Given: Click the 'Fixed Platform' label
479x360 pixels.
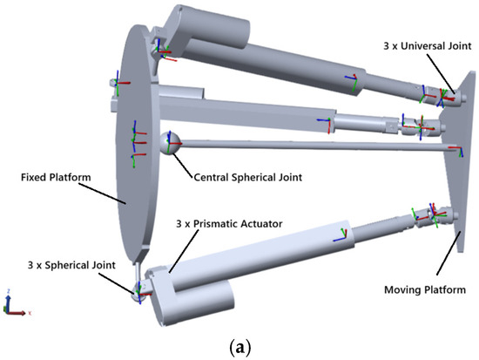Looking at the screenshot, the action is [56, 178].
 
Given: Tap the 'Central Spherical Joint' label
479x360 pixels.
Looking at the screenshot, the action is [248, 178].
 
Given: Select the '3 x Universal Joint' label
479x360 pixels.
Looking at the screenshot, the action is [428, 46].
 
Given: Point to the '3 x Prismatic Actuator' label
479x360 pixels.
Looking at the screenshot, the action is [229, 224].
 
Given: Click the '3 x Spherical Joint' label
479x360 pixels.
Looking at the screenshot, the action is [71, 265].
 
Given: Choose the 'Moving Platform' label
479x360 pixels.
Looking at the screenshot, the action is [425, 289].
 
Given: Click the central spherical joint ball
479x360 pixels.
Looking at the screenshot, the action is [170, 143].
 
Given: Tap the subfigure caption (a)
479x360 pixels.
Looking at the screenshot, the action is [239, 348].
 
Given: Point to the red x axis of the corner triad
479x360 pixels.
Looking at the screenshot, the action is [17, 313].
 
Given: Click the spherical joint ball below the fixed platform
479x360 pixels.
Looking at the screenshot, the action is [138, 293].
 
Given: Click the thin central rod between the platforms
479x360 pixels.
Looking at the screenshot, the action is [314, 146].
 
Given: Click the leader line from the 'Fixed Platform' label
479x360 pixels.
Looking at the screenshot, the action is [103, 194].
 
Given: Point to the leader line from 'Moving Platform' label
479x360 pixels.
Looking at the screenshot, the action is [449, 254].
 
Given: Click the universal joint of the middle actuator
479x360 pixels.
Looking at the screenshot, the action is [422, 126].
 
